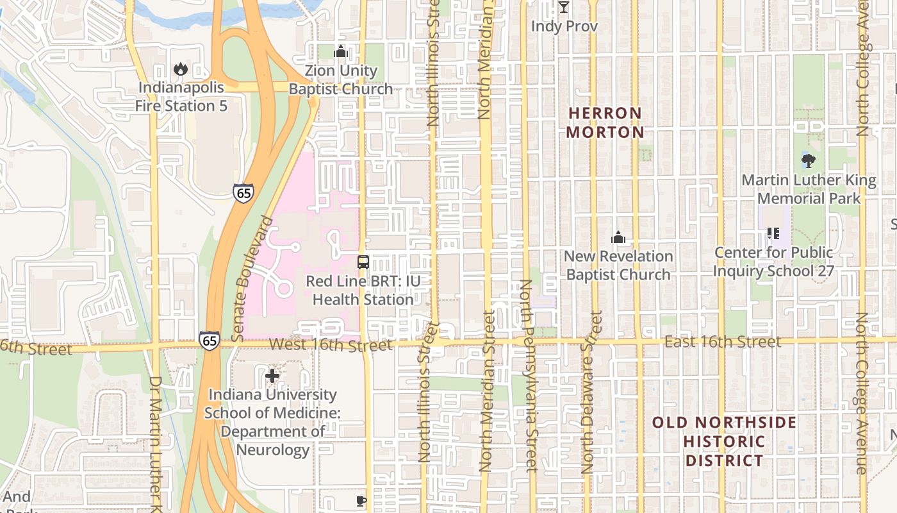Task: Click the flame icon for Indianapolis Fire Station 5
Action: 181,69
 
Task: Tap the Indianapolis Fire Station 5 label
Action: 181,97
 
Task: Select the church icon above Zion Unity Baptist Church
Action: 341,51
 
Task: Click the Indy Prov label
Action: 564,26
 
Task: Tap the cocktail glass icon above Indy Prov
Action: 564,7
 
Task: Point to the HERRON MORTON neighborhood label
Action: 605,122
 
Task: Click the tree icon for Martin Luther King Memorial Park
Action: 809,161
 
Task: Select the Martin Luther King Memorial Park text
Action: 809,189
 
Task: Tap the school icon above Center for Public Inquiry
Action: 773,233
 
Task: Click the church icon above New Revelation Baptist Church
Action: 618,238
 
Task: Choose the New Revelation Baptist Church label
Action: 618,265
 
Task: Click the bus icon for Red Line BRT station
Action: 363,262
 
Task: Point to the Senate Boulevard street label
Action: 250,278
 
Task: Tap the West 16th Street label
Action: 330,345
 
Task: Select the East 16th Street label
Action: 722,342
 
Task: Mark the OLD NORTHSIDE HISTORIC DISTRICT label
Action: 724,441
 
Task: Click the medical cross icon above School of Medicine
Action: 272,375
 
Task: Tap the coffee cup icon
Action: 361,501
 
